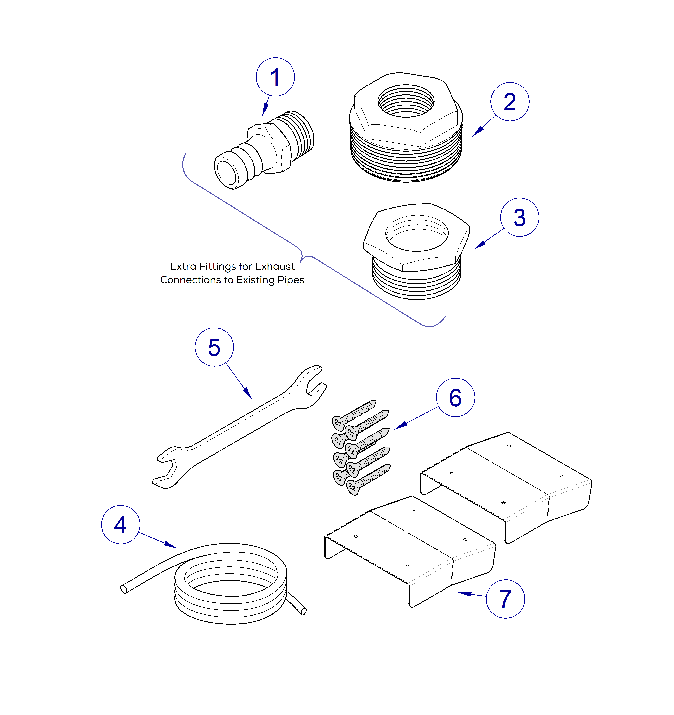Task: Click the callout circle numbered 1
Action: (x=275, y=77)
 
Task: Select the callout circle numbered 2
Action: (x=510, y=102)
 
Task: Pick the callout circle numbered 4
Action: (x=120, y=525)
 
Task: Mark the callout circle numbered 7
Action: (x=505, y=599)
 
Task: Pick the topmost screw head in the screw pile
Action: (x=338, y=423)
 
